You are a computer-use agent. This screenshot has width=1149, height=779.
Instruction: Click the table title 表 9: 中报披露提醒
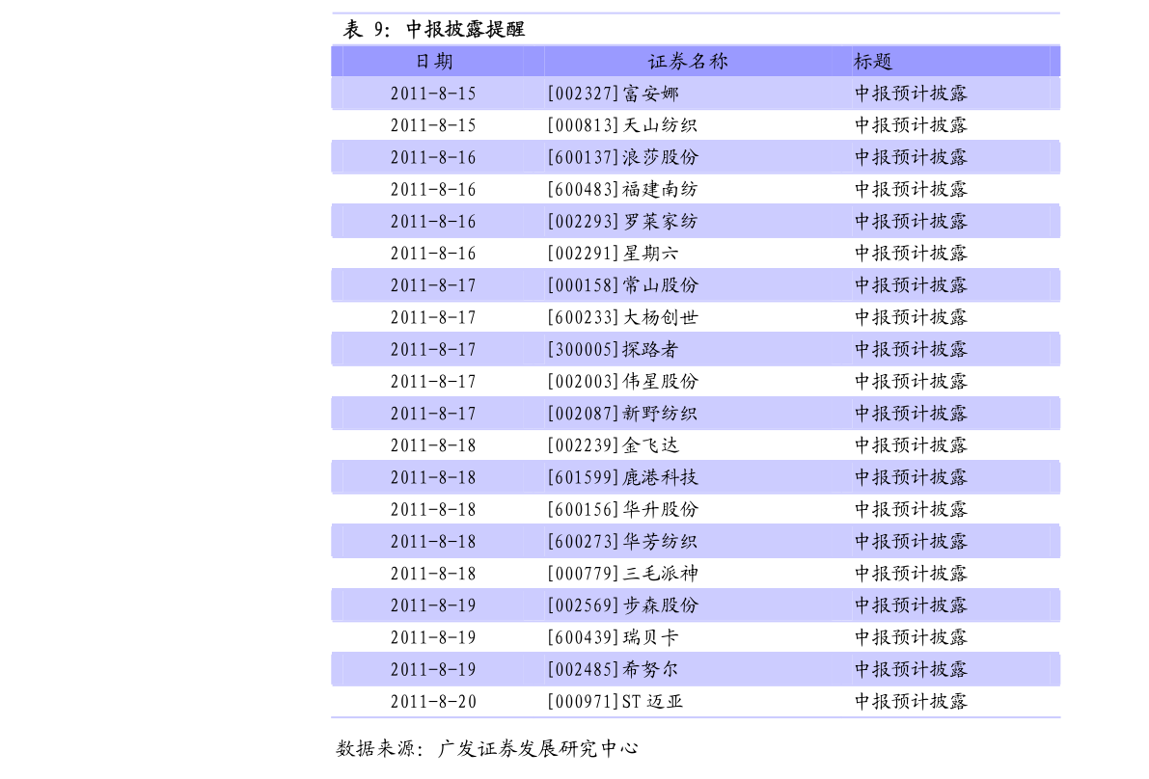click(434, 29)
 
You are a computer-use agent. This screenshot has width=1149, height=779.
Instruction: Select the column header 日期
click(434, 62)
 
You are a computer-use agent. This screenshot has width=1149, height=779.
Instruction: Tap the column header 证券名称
click(687, 62)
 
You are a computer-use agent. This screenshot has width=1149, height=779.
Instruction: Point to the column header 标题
click(873, 62)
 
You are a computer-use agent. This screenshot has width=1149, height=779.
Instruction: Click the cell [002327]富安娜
click(614, 94)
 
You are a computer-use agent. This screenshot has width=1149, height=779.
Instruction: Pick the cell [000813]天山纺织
click(622, 125)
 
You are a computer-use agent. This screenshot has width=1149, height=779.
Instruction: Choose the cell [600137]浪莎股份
click(623, 157)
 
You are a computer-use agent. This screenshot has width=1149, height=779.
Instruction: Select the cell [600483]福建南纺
click(622, 190)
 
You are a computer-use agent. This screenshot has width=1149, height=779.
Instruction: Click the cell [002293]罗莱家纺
click(622, 221)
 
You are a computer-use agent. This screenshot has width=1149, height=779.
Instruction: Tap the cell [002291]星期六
click(614, 254)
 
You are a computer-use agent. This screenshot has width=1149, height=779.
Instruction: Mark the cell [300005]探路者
click(614, 349)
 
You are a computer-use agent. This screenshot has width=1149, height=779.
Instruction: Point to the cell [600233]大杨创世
click(623, 317)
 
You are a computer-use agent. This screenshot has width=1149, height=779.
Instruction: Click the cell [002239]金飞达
click(614, 445)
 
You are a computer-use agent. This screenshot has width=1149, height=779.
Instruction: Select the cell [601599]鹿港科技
click(623, 477)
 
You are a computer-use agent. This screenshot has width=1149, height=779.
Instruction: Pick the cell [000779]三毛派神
click(623, 574)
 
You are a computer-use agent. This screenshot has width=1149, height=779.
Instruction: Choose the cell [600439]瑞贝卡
click(614, 637)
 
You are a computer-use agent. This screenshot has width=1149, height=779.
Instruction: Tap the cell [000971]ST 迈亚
click(616, 702)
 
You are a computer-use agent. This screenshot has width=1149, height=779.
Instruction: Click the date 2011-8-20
click(433, 702)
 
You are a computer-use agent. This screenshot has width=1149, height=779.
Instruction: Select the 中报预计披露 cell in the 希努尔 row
click(911, 669)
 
